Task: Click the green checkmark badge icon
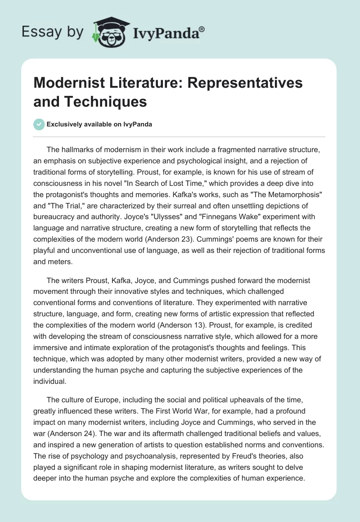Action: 39,124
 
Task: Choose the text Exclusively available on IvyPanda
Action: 99,125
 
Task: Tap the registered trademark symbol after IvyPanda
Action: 202,28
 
